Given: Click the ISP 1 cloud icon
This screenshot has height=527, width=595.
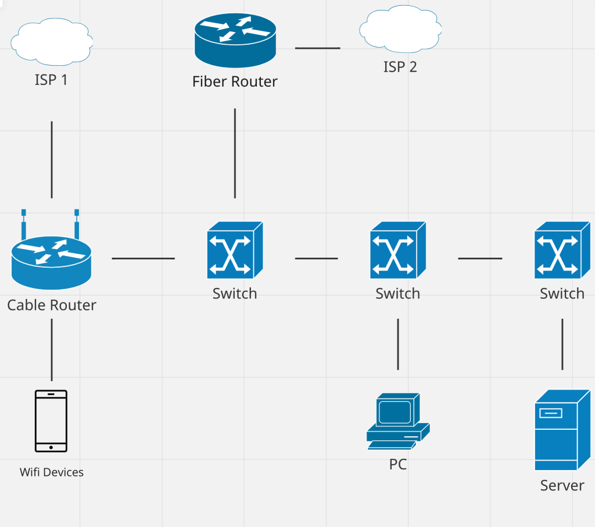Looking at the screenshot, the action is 52,42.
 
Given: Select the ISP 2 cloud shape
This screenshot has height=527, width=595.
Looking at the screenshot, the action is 400,29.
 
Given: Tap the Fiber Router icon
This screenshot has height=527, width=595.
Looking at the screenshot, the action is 235,41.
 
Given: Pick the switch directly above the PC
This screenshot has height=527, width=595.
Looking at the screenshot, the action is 398,250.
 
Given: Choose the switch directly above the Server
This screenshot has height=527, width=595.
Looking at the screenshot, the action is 562,250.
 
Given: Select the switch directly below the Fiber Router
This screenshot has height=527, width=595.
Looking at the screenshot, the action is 235,250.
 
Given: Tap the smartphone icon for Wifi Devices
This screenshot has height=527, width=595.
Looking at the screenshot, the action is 51,421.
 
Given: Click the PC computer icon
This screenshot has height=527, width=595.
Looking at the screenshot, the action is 398,421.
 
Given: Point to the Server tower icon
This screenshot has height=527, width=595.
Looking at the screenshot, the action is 562,430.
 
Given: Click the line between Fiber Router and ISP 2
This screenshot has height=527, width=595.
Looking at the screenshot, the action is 318,48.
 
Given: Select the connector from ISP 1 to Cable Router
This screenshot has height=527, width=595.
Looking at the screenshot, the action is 52,159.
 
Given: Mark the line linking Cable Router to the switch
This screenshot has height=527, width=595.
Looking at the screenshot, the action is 143,258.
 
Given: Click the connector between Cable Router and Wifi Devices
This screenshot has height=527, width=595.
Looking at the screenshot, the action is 52,350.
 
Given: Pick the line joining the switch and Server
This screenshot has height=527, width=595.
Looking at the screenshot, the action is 562,344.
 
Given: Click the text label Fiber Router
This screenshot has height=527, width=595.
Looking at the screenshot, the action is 235,81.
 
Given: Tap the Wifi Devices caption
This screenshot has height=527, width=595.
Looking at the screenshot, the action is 52,472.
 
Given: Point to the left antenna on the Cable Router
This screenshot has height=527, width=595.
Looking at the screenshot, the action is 23,224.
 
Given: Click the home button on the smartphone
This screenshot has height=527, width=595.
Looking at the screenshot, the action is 51,447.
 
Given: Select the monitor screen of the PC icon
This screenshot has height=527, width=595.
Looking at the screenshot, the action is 395,412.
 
